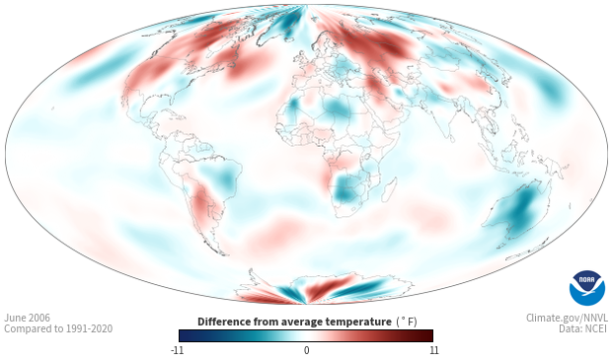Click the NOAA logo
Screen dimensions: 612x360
(587, 288)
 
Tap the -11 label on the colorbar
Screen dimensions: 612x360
(177, 350)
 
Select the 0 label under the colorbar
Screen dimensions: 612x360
(306, 350)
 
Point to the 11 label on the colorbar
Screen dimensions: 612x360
(433, 350)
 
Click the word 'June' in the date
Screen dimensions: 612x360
(14, 318)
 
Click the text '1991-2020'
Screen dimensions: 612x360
(90, 328)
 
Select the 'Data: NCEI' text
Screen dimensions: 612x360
(583, 328)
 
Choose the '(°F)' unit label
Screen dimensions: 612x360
(407, 323)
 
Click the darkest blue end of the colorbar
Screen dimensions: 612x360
(181, 335)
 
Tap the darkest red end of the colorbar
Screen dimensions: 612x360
(430, 335)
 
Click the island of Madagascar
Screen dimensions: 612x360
(388, 189)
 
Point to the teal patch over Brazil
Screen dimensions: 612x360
(222, 177)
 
